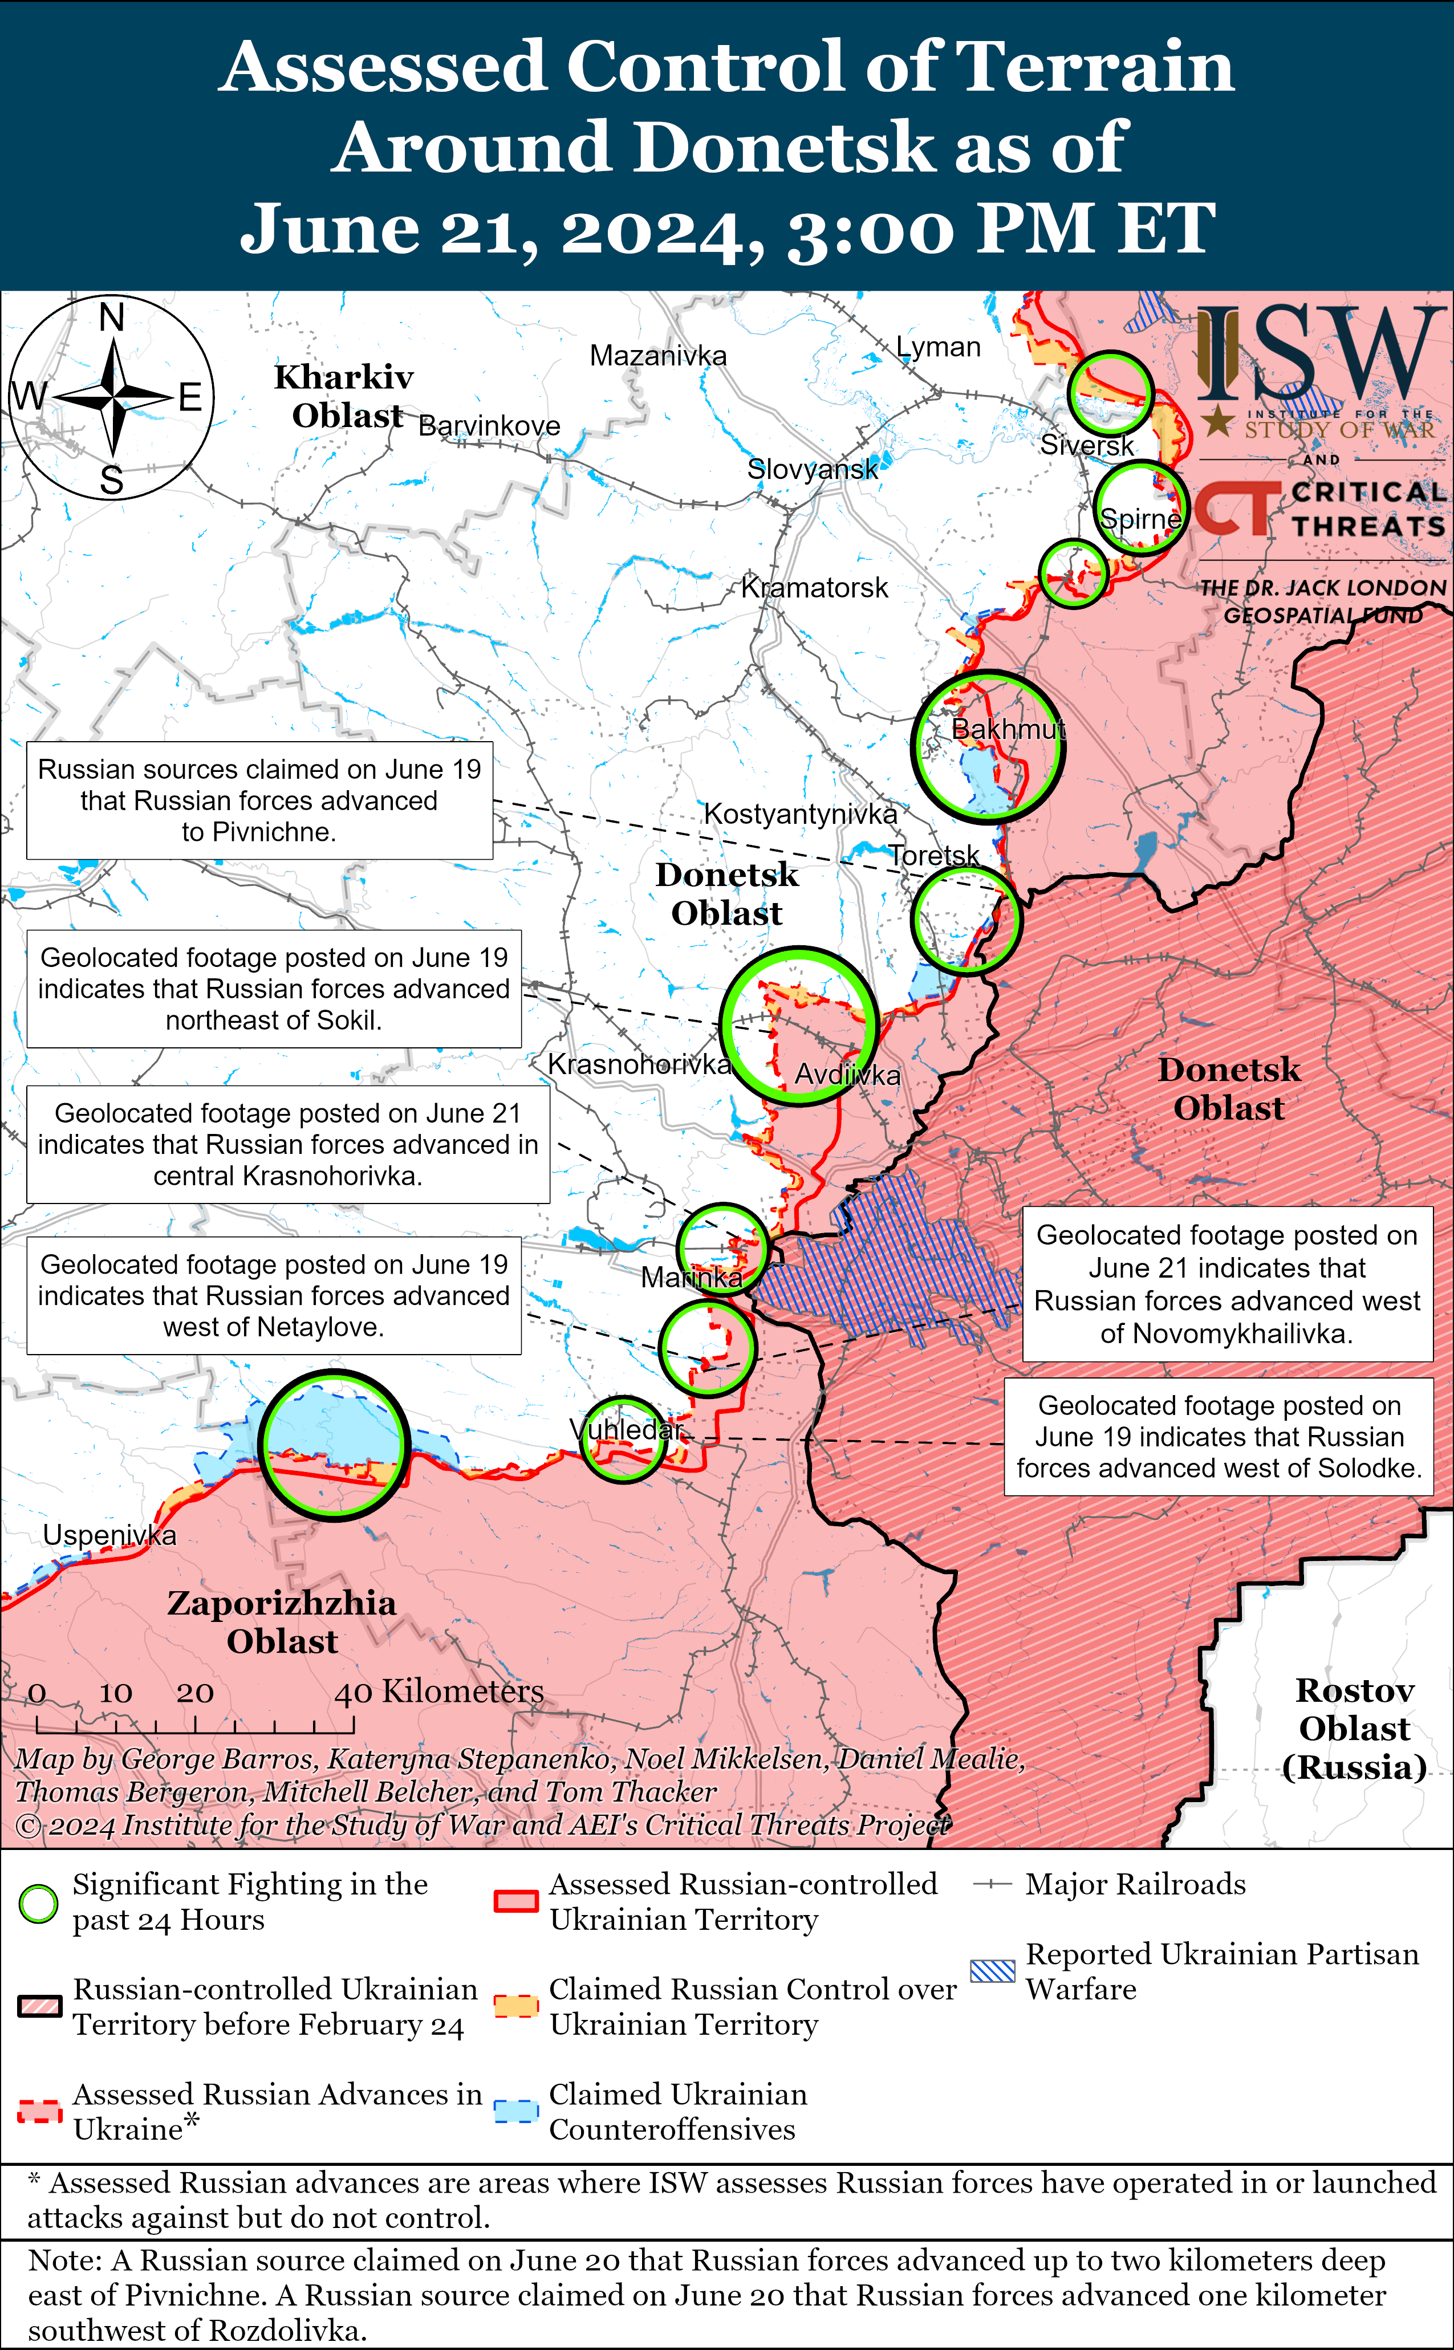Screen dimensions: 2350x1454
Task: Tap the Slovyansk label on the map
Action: coord(813,469)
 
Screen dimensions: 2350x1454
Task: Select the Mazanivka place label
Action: coord(658,356)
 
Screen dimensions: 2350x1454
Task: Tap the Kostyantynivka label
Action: coord(800,814)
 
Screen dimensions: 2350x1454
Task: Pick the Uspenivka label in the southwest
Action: coord(109,1535)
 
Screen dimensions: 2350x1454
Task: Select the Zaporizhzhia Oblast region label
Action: coord(282,1621)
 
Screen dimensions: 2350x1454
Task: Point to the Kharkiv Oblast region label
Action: coord(344,395)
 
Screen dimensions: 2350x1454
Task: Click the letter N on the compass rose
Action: coord(112,316)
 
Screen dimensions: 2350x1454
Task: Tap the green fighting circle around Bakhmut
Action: coord(988,747)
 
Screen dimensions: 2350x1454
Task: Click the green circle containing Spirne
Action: coord(1140,508)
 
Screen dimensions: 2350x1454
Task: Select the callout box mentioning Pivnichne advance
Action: coord(259,800)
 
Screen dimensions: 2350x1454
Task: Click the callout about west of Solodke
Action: coord(1219,1437)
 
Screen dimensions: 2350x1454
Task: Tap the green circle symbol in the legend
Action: coord(38,1904)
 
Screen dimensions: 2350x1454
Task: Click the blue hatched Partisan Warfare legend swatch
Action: coord(992,1970)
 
